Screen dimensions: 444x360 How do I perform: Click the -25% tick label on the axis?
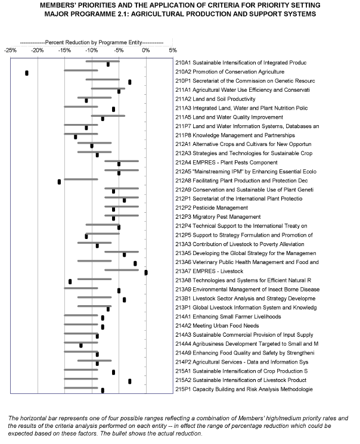coord(11,51)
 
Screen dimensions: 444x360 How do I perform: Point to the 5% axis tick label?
coord(173,51)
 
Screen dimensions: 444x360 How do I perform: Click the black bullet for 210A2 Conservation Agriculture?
coord(27,73)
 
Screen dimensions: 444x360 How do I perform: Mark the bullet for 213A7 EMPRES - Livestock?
coord(146,272)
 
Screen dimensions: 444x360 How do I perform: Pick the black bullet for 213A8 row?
coord(70,281)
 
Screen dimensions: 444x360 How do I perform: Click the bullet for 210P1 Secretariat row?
coord(129,82)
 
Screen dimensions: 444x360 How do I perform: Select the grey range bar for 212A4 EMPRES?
coord(122,160)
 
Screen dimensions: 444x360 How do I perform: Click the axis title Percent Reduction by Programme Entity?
coord(92,44)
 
